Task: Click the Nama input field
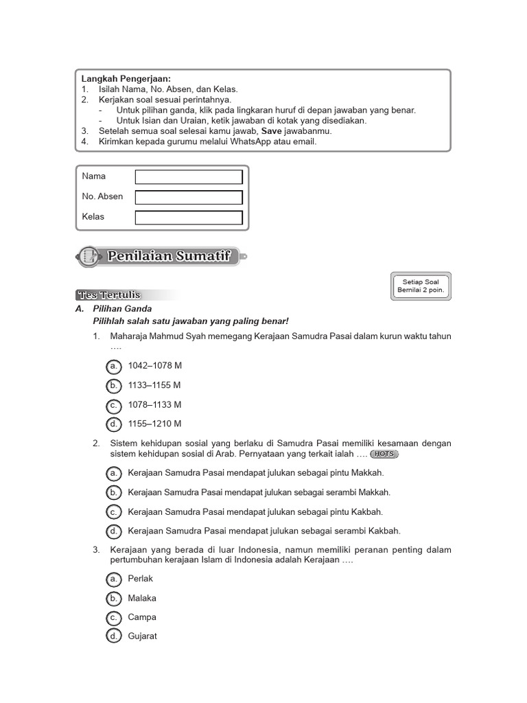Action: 189,177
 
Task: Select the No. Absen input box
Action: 189,198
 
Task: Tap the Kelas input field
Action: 189,218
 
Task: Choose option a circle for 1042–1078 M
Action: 114,366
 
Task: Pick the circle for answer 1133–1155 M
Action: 114,385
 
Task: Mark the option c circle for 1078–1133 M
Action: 114,405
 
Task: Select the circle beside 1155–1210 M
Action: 114,424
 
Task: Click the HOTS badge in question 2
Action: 384,454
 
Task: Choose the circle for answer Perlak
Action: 114,579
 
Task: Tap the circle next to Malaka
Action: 114,599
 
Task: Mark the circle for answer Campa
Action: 114,617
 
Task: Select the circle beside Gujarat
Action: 114,636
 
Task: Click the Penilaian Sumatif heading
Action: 172,257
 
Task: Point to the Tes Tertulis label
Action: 109,295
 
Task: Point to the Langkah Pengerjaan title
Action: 126,79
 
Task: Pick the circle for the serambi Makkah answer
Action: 114,492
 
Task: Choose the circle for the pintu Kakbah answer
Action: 114,512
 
